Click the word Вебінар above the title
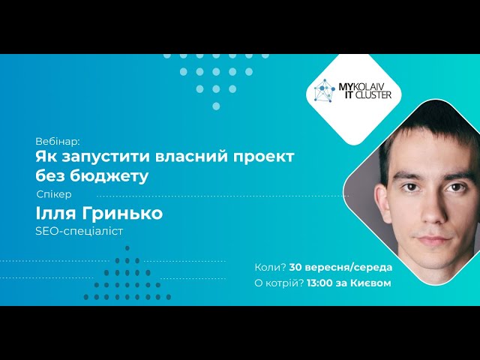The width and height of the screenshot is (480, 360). click(x=58, y=142)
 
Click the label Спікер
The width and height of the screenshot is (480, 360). click(x=54, y=195)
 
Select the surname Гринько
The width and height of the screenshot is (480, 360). click(x=122, y=213)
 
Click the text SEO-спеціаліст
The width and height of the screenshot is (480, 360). click(x=79, y=231)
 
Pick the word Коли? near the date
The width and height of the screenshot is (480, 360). click(x=270, y=267)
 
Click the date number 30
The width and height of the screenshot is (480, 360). click(x=295, y=267)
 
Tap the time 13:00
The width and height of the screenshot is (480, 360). click(x=319, y=283)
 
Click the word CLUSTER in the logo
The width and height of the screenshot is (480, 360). click(x=373, y=95)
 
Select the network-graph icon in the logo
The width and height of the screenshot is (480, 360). click(x=325, y=90)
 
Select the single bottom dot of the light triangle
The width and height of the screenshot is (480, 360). click(x=216, y=106)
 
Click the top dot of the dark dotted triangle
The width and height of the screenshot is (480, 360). click(x=127, y=248)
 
